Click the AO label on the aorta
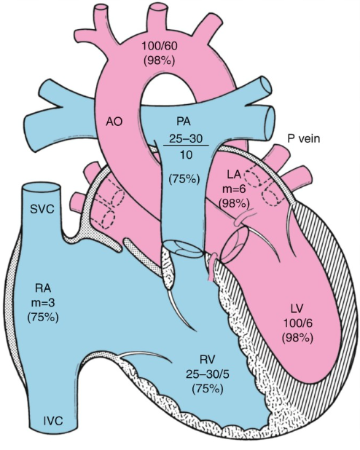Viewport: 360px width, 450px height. [x=114, y=122]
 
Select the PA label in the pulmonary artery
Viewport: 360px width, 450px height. [x=184, y=122]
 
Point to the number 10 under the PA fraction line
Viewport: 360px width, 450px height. [x=185, y=155]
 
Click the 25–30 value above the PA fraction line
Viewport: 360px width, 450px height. [x=186, y=139]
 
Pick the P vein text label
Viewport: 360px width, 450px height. [x=304, y=139]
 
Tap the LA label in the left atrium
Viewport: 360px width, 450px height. [x=235, y=174]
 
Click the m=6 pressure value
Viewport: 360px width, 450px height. [x=234, y=189]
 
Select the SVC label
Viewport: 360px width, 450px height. [x=42, y=209]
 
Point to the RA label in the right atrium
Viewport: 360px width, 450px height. [x=43, y=288]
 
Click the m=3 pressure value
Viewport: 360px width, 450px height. [x=43, y=303]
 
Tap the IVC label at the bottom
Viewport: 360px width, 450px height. [x=53, y=422]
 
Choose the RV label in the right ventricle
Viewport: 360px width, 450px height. [x=207, y=359]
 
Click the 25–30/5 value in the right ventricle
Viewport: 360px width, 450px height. [x=207, y=374]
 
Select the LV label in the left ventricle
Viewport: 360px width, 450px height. [x=297, y=309]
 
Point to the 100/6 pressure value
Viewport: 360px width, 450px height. [x=297, y=323]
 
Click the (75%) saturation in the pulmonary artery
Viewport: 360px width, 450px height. [x=184, y=179]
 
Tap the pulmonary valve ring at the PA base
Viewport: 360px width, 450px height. [x=184, y=248]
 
